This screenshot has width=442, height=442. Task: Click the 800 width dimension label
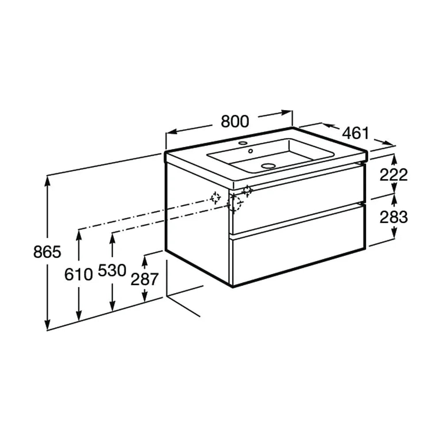[235, 122]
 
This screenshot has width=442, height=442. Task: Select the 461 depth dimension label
[355, 133]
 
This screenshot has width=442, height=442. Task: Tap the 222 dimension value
[393, 175]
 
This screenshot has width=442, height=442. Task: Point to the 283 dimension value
[393, 217]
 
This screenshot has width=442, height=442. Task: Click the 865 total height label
[47, 252]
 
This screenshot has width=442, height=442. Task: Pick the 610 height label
[78, 274]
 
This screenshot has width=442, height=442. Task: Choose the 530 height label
[112, 271]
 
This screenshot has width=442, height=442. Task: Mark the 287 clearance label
[145, 280]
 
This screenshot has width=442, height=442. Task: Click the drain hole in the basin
[268, 166]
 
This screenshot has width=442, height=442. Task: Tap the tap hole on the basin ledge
[242, 143]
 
